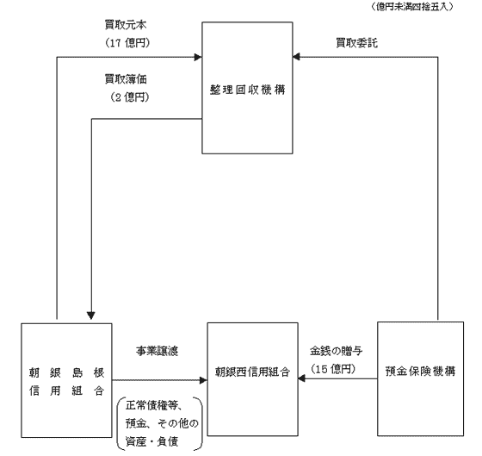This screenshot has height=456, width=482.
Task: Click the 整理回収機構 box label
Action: (x=248, y=90)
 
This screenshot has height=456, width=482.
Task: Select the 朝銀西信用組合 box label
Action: (x=252, y=372)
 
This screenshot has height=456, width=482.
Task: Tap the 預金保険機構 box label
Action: (x=420, y=372)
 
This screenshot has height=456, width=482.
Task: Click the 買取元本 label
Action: (x=126, y=25)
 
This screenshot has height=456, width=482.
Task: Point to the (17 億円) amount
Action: (x=127, y=43)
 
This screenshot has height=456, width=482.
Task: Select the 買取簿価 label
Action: (x=126, y=79)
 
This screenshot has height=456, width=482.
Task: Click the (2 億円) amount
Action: (x=130, y=97)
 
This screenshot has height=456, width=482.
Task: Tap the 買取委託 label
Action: (x=356, y=43)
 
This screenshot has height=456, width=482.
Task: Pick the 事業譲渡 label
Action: (x=157, y=351)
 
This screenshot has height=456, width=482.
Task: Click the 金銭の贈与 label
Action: (x=336, y=351)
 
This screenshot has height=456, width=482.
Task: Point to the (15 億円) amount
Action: (x=333, y=369)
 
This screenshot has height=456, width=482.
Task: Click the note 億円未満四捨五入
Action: (x=411, y=7)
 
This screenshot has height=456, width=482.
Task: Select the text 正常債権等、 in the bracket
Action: (x=155, y=406)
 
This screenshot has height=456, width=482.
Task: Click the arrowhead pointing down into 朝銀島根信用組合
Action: (x=91, y=315)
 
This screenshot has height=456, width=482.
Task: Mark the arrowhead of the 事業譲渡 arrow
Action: (x=203, y=380)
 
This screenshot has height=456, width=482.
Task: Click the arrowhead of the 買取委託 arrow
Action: (x=296, y=57)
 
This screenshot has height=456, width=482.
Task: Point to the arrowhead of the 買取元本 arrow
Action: (x=198, y=57)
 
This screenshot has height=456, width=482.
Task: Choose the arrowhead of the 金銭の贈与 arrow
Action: (x=301, y=378)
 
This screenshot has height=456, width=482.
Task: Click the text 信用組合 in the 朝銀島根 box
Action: (x=67, y=390)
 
